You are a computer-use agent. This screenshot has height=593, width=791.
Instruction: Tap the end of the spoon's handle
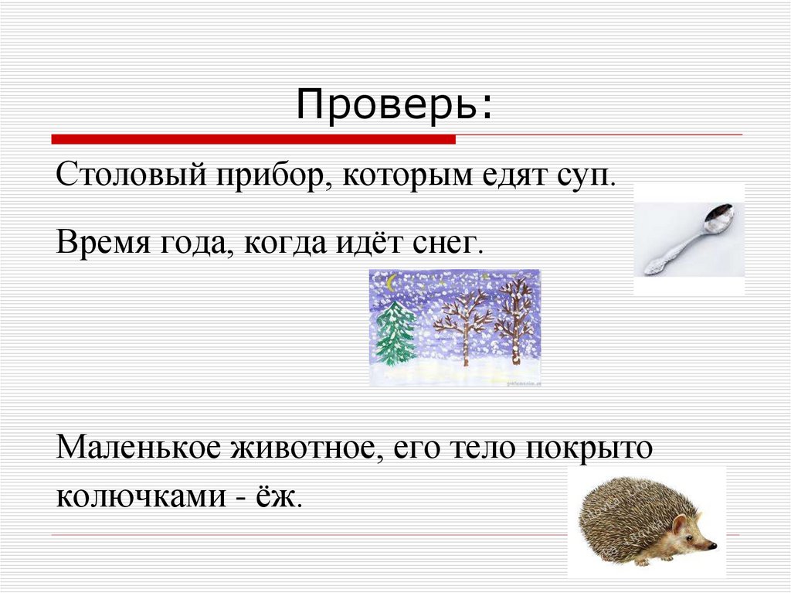[x=647, y=268]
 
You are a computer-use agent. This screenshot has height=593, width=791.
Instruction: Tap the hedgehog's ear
[x=680, y=527]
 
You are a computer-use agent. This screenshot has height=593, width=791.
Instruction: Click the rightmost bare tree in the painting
[x=514, y=317]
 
